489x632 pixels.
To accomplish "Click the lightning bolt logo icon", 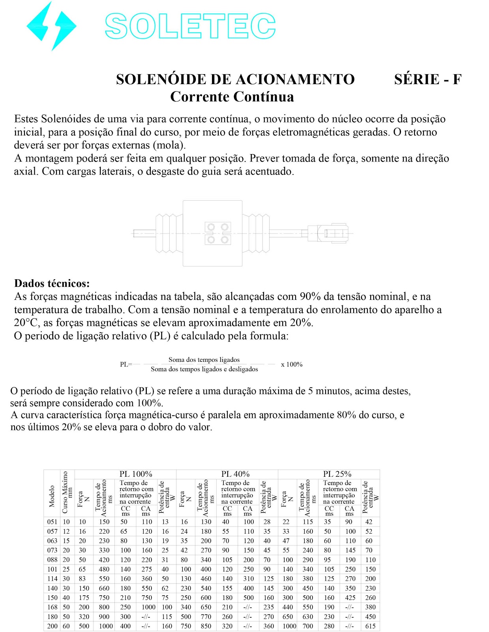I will coord(51,26).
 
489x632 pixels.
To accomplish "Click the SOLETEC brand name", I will coord(190,26).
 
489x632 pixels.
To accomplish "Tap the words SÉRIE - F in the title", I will coord(427,79).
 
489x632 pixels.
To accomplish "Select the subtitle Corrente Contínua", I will coord(232,97).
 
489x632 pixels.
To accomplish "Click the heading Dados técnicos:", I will coord(52,283).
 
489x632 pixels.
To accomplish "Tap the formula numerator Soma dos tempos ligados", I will coord(204,359).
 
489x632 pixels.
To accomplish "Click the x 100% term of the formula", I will coord(292,364).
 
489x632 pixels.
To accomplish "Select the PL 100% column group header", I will coord(136,474).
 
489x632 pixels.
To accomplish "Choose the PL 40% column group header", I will coord(235,474).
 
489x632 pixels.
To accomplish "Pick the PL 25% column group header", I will coord(337,474).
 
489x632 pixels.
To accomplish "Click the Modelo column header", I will coord(52,497).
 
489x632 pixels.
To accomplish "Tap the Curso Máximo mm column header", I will coord(67,493).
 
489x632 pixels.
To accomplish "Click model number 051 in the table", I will coord(52,522).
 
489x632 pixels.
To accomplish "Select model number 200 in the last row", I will coord(52,626).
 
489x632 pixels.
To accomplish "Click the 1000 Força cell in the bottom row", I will coord(289,626).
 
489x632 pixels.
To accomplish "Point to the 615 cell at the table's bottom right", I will coord(370,626).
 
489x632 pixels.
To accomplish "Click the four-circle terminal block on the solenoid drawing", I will coord(217,233).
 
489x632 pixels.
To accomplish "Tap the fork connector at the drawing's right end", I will coord(335,233).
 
